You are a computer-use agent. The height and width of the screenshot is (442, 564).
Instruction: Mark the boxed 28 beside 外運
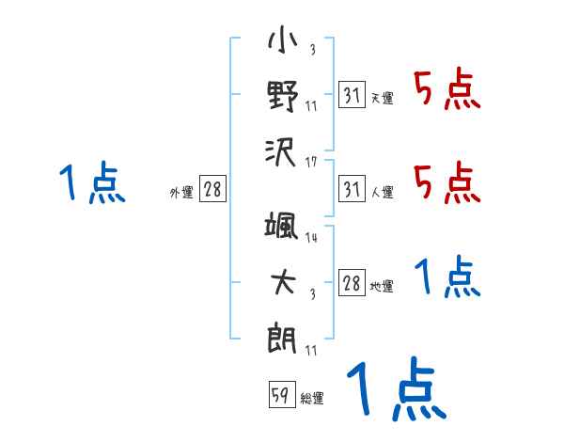point(212,190)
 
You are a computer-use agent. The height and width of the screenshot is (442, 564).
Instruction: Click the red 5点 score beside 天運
point(447,91)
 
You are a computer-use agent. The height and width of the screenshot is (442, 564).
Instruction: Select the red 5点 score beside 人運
point(447,182)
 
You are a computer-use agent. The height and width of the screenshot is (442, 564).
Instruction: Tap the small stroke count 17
point(311,161)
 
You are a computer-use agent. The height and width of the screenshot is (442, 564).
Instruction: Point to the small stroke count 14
point(311,238)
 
